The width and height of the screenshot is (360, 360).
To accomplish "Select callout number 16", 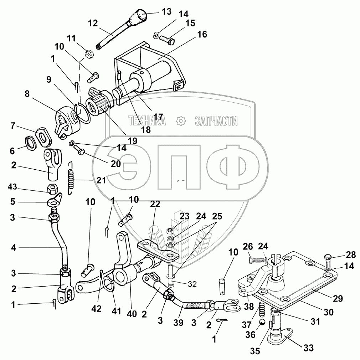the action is tap(201, 34).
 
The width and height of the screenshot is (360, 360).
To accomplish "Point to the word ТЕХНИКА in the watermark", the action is tap(147, 121).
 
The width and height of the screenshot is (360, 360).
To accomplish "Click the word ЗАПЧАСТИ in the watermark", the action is tap(216, 121).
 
